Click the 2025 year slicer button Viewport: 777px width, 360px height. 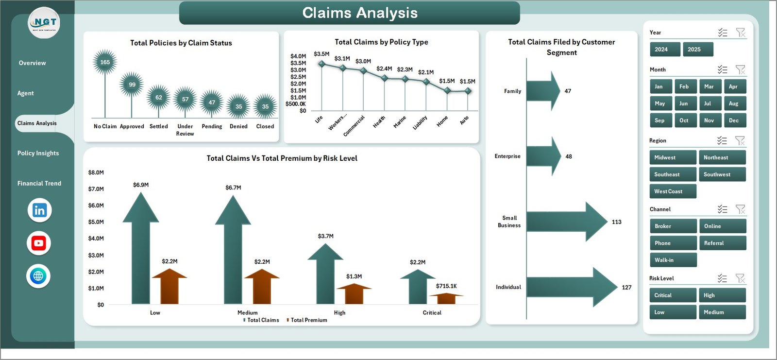(x=698, y=49)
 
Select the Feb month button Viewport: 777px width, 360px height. (x=685, y=86)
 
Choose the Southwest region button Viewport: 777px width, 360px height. (x=722, y=174)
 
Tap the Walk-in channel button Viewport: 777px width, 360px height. (x=673, y=260)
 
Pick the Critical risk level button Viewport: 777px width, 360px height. (x=673, y=295)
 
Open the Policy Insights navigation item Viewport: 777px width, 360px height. (x=38, y=153)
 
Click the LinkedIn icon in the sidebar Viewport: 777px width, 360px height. (x=39, y=210)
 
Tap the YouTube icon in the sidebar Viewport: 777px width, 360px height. (x=39, y=243)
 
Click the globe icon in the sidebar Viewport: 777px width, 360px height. (x=38, y=276)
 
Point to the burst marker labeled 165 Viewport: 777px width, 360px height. (x=105, y=62)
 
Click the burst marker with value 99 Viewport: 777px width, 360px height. (x=132, y=85)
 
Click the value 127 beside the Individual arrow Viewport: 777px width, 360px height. (x=626, y=288)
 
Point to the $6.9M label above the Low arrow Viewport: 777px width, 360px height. (x=141, y=185)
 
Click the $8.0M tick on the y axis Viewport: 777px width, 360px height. (x=96, y=172)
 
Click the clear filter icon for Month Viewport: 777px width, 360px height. (x=740, y=69)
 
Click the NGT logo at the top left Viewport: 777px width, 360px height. (x=44, y=23)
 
